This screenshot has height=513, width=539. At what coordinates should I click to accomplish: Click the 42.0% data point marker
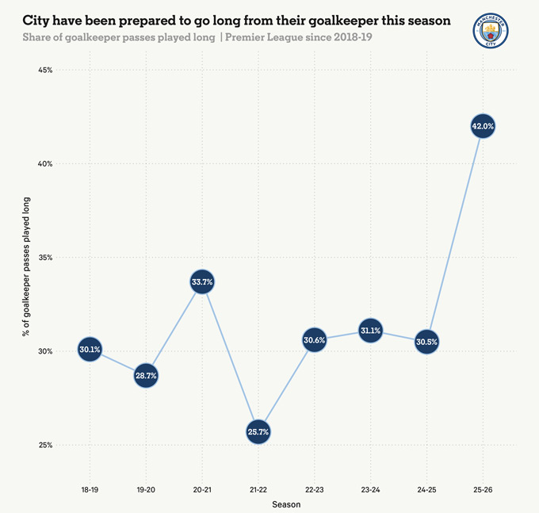[x=483, y=126]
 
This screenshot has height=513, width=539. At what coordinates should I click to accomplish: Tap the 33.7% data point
[x=202, y=281]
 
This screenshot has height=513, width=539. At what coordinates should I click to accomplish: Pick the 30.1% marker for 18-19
[x=90, y=349]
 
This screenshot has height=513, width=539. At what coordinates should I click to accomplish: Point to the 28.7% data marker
[x=146, y=375]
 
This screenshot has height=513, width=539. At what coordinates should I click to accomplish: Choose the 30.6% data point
[x=315, y=340]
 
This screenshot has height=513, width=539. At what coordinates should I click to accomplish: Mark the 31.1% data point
[x=370, y=331]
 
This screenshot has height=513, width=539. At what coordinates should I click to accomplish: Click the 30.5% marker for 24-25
[x=426, y=342]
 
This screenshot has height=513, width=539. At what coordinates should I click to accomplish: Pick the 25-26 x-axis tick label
[x=483, y=491]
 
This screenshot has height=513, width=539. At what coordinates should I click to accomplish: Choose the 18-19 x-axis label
[x=90, y=491]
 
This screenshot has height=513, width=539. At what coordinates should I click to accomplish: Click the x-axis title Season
[x=286, y=504]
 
